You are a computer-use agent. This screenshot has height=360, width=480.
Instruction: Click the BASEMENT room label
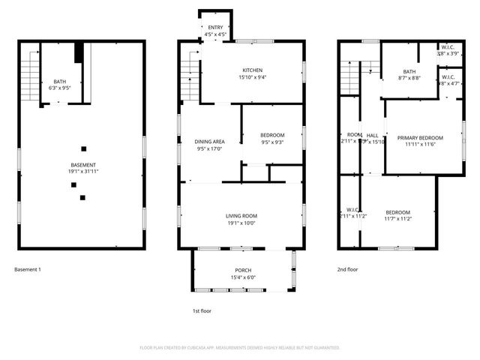[x=82, y=165]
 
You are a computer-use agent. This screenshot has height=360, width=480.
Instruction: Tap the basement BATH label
[x=59, y=82]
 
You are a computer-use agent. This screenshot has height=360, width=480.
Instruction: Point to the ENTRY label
[x=215, y=28]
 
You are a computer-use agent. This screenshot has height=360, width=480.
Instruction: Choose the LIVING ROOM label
[x=241, y=216]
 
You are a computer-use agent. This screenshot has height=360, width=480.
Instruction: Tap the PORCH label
[x=242, y=270]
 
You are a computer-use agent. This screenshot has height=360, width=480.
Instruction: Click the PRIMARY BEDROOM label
[x=420, y=137]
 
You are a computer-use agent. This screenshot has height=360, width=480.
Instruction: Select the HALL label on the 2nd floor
[x=372, y=135]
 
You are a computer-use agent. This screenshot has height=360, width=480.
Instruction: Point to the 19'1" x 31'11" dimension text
[x=82, y=172]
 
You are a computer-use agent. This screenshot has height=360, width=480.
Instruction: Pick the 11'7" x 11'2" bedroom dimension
[x=397, y=218]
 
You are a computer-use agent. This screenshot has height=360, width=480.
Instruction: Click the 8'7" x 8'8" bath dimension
[x=407, y=77]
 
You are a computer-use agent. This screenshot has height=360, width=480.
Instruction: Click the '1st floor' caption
[x=202, y=310]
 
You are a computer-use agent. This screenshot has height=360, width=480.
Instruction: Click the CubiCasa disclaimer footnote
[x=240, y=348]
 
